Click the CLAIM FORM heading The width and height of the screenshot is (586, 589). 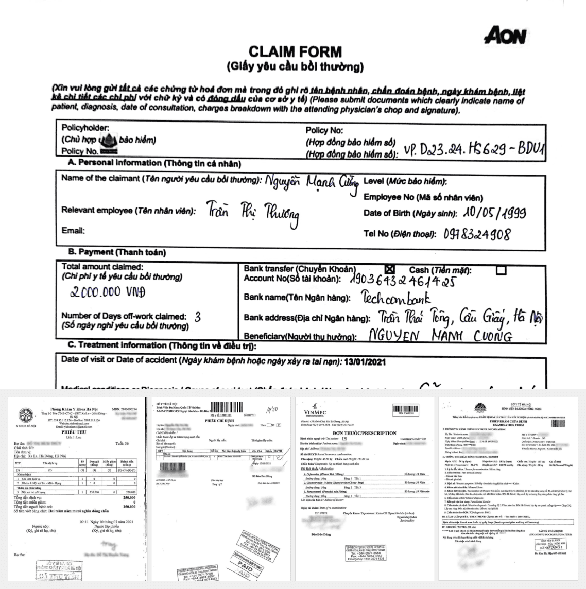click(295, 51)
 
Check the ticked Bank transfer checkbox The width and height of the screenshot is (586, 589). click(390, 269)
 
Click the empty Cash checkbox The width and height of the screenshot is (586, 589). click(501, 270)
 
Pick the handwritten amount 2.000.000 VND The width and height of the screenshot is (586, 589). click(108, 292)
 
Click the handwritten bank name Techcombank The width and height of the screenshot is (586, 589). click(396, 299)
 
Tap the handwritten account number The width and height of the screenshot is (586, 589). click(402, 280)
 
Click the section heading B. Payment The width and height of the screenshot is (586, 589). click(117, 252)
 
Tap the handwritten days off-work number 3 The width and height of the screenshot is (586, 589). click(197, 317)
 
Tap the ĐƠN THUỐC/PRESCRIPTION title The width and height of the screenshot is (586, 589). click(364, 433)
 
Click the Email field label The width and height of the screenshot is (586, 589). click(73, 230)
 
